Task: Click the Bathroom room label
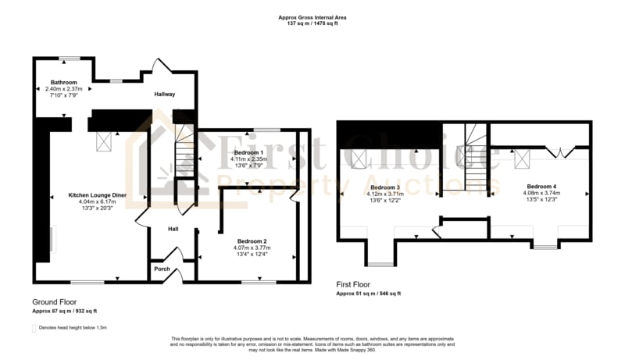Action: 64,82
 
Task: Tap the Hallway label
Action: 164,94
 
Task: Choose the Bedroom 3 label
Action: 385,187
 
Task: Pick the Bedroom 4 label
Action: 541,187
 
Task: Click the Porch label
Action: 162,269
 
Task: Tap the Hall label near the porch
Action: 176,229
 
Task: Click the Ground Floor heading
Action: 54,301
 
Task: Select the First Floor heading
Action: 353,285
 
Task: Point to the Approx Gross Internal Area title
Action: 312,16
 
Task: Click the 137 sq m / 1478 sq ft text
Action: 312,23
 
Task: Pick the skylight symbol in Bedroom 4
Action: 521,159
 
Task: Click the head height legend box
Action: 34,328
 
